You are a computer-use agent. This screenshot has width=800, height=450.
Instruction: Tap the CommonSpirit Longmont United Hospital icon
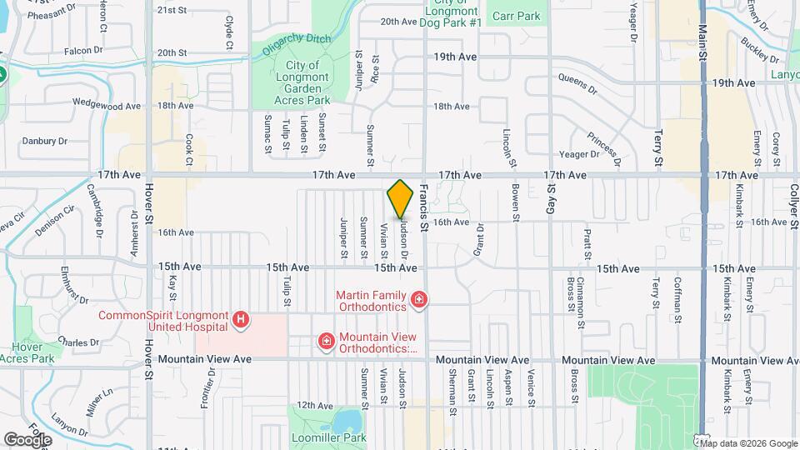(x=241, y=320)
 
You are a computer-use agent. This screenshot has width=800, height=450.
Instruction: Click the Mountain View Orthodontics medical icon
(x=327, y=341)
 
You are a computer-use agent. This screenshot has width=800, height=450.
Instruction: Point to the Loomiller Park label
(x=332, y=437)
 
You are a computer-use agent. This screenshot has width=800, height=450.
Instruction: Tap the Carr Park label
(x=516, y=16)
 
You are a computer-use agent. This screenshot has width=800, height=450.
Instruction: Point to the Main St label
(x=702, y=42)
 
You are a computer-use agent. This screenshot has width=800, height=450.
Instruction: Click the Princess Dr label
(x=603, y=137)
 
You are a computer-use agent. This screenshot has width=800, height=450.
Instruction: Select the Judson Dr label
(x=404, y=235)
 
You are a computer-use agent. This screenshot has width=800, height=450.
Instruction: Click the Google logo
(x=27, y=438)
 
